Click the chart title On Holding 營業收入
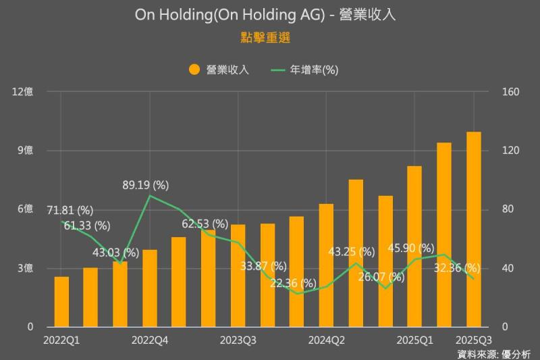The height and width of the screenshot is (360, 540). tap(265, 15)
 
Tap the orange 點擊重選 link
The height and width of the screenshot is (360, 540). tap(265, 38)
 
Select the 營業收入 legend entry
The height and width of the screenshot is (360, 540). tap(219, 69)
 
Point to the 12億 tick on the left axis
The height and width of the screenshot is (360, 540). tap(23, 91)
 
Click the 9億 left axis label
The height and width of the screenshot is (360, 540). tap(26, 150)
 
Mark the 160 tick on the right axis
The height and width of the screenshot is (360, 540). tap(510, 91)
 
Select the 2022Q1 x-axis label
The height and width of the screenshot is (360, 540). tap(61, 340)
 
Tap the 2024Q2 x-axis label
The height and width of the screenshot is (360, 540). tap(327, 340)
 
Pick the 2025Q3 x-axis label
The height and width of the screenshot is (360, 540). tap(473, 340)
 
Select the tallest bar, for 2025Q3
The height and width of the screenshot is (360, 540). tap(474, 230)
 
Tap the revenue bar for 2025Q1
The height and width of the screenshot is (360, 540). tap(414, 247)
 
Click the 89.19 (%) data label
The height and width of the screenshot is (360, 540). tap(146, 184)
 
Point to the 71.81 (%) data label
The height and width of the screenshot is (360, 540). tap(70, 211)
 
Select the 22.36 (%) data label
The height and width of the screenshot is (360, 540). tap(293, 282)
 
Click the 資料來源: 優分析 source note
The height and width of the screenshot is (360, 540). tap(494, 353)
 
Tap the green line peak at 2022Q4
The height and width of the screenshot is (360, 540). tap(150, 196)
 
